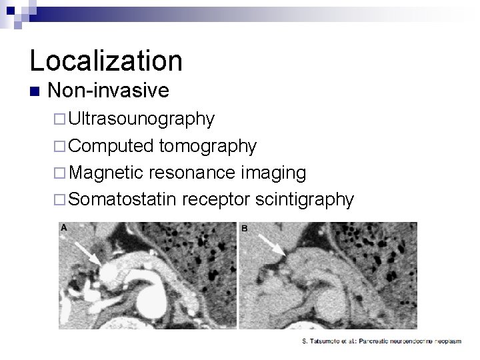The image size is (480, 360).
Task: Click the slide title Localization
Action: (106, 60)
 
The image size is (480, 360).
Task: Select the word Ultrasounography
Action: (141, 119)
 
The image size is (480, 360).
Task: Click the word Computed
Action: (111, 146)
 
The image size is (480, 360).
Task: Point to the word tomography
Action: (208, 146)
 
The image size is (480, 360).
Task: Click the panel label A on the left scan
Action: (64, 228)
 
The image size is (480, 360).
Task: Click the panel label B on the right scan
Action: (244, 228)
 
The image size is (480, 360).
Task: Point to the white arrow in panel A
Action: (87, 254)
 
